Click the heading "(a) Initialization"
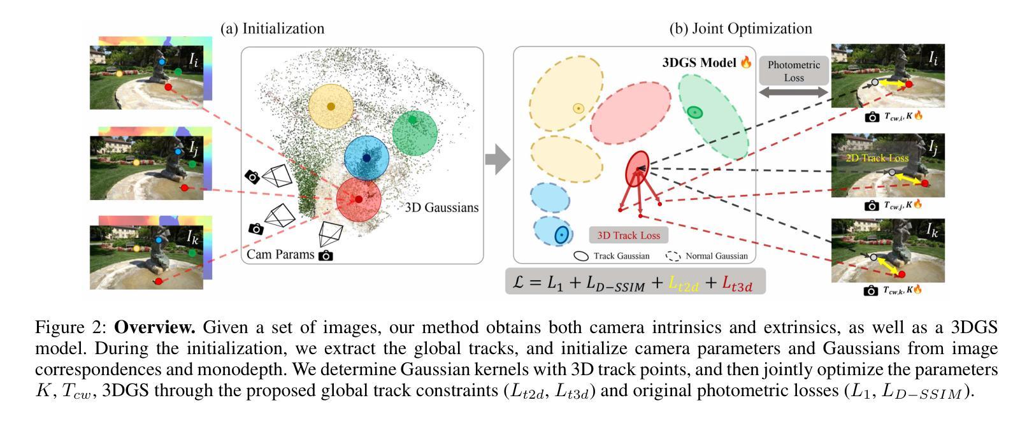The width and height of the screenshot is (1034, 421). [272, 29]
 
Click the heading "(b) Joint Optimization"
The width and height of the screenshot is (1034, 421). [740, 29]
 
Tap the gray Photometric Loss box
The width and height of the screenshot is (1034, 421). [794, 71]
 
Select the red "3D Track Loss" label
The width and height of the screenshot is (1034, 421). [628, 235]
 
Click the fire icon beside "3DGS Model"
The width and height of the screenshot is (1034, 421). [745, 62]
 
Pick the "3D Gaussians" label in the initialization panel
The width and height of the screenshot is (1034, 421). [442, 208]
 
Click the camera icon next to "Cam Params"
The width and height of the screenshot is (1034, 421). [326, 255]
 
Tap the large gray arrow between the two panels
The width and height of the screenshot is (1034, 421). [498, 159]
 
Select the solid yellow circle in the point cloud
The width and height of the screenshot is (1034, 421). [331, 106]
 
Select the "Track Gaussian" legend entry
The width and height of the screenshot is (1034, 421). [612, 256]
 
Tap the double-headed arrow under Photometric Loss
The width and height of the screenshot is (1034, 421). [794, 93]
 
